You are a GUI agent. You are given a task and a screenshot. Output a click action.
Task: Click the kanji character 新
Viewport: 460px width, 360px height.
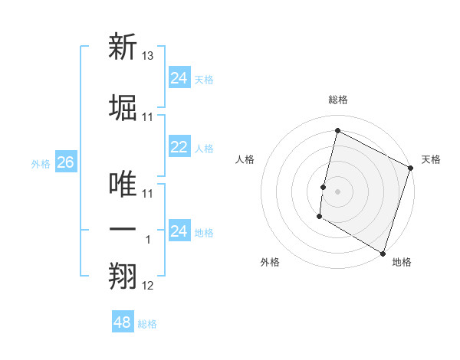point(123,47)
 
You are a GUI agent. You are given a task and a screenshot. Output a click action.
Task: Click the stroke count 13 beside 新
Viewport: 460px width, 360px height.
point(148,57)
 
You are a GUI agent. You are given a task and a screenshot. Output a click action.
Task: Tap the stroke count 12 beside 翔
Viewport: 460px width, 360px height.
point(148,286)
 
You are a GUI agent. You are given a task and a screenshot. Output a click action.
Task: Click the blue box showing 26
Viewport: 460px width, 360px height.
point(65,162)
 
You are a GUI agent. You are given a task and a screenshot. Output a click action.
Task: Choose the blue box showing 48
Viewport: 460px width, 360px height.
point(123,322)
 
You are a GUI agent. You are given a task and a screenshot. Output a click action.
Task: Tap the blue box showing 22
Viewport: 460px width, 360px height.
point(179,147)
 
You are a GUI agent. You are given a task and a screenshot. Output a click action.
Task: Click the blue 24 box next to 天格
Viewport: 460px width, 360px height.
point(179,78)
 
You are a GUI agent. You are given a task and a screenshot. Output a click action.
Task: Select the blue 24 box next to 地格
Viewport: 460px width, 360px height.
point(179,231)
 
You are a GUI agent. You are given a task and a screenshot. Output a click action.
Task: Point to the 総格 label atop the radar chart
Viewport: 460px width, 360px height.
point(337,100)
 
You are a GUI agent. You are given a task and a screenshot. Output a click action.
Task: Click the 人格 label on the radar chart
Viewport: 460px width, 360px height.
point(245,159)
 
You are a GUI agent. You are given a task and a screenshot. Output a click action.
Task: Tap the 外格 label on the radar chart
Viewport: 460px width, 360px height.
point(270,263)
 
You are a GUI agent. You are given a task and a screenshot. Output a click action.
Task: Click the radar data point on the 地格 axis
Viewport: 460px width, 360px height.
point(382,253)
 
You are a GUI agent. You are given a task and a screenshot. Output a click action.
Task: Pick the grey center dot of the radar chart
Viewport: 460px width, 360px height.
point(337,191)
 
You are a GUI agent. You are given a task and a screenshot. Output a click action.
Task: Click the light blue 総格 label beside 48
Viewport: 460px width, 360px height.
point(147,324)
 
